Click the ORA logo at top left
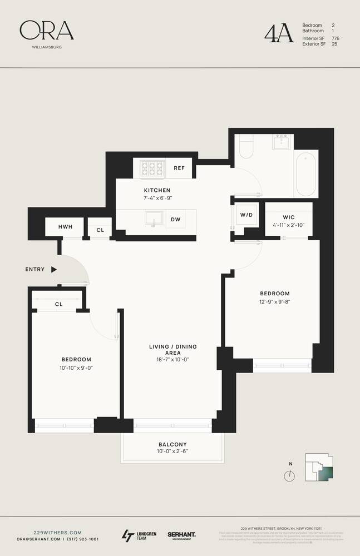click(47, 31)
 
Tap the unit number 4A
click(279, 33)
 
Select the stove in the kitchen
click(151, 167)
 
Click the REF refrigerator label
click(179, 168)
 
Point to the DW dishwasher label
click(175, 220)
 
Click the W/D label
click(246, 215)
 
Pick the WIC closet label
click(288, 216)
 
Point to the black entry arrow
click(54, 269)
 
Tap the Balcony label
click(172, 444)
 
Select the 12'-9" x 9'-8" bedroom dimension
click(275, 301)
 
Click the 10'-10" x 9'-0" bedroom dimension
click(76, 368)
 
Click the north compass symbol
click(289, 476)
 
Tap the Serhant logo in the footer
click(181, 535)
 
